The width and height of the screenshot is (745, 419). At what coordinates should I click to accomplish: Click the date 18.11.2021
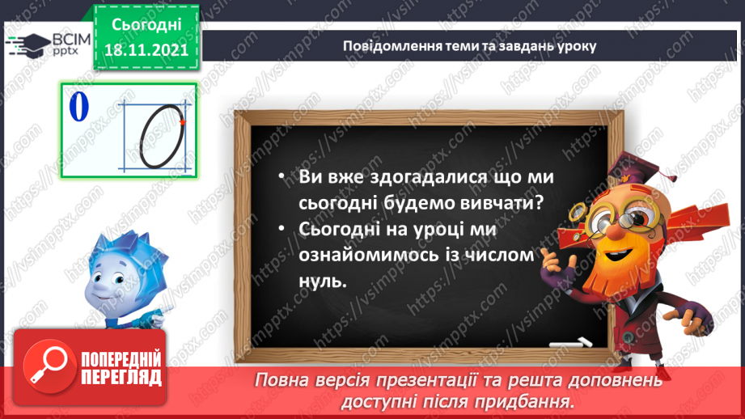point(146,50)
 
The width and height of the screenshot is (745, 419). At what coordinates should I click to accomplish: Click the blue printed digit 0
point(78,108)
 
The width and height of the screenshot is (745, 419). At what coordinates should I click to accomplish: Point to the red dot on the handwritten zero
point(184,122)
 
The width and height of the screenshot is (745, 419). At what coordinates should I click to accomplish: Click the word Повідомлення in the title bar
point(387,45)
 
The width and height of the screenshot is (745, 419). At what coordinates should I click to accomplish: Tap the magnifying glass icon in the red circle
point(46,366)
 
